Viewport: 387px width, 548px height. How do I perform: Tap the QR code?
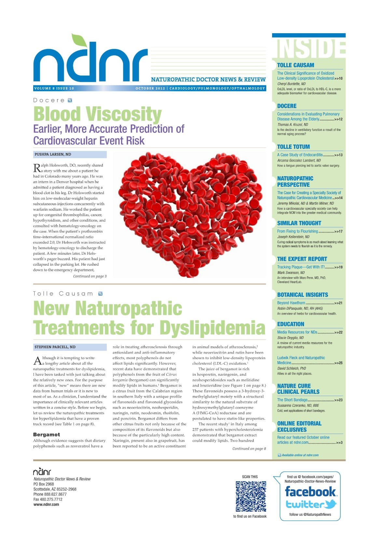click(251, 496)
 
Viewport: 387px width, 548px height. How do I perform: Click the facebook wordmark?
click(310, 491)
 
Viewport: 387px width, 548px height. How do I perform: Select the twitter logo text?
click(311, 504)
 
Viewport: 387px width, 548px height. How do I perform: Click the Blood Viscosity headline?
click(97, 114)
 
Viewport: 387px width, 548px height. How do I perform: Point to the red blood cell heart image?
click(189, 214)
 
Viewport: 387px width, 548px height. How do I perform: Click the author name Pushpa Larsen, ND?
click(53, 154)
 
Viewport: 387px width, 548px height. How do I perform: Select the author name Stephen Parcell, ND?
click(55, 347)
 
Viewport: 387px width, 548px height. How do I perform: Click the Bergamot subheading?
click(47, 435)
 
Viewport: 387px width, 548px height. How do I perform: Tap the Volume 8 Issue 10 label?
click(54, 88)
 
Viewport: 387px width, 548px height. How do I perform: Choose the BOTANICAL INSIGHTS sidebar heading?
click(302, 295)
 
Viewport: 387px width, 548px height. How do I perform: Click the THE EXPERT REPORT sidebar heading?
click(302, 259)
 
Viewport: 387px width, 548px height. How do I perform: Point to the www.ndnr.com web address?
click(46, 504)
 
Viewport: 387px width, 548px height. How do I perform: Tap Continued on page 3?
click(90, 276)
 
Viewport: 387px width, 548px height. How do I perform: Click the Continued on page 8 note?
click(249, 448)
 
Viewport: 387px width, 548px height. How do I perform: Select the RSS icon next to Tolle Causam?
click(100, 294)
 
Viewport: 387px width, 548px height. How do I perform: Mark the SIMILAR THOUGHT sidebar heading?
click(299, 223)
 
